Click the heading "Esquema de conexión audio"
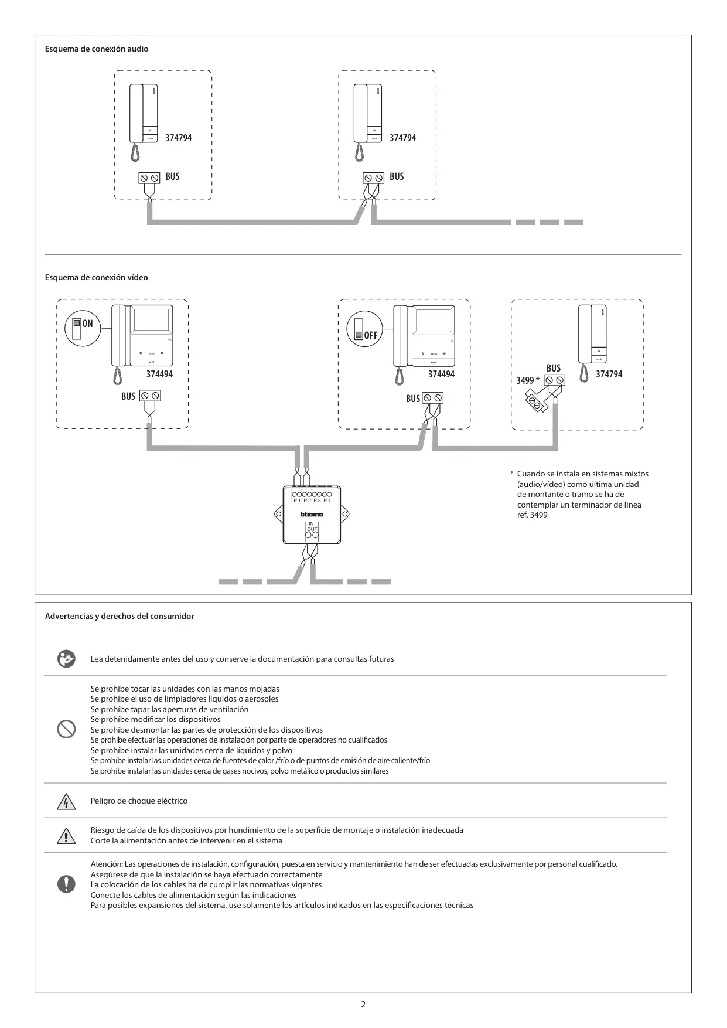point(97,49)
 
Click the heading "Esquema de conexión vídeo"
point(97,278)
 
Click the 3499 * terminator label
point(528,380)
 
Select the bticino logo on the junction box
point(312,515)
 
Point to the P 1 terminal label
point(297,500)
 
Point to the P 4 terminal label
point(327,500)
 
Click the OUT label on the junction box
point(312,529)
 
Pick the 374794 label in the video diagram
point(609,374)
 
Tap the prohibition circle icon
point(66,730)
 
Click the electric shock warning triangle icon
point(67,801)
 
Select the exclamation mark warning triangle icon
point(67,835)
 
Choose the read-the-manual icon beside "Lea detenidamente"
point(67,659)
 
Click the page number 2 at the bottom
point(363,1005)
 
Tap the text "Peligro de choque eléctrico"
point(139,801)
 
